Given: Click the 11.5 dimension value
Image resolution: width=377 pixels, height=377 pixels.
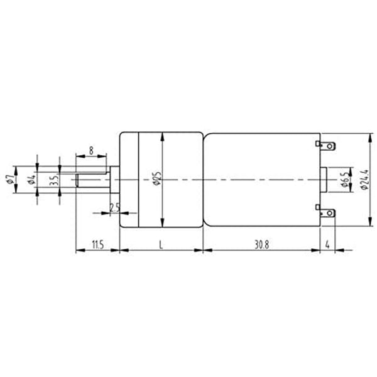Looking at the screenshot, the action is click(98, 245).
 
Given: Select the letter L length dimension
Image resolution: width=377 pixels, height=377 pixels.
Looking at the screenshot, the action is click(161, 245).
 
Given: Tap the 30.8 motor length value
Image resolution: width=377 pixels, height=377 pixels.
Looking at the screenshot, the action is click(261, 245).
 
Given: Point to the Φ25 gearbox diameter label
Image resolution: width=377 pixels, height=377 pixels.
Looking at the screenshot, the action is click(157, 178).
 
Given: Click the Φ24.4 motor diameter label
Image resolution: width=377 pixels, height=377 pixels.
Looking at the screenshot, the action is click(364, 179).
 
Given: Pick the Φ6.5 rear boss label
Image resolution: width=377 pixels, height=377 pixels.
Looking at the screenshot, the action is click(345, 179).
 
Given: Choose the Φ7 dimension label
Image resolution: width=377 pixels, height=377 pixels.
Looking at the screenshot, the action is click(10, 179).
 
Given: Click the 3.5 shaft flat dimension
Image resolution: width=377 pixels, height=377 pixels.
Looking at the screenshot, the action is click(54, 180).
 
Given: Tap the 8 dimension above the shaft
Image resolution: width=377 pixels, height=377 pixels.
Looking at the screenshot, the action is click(91, 151).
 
